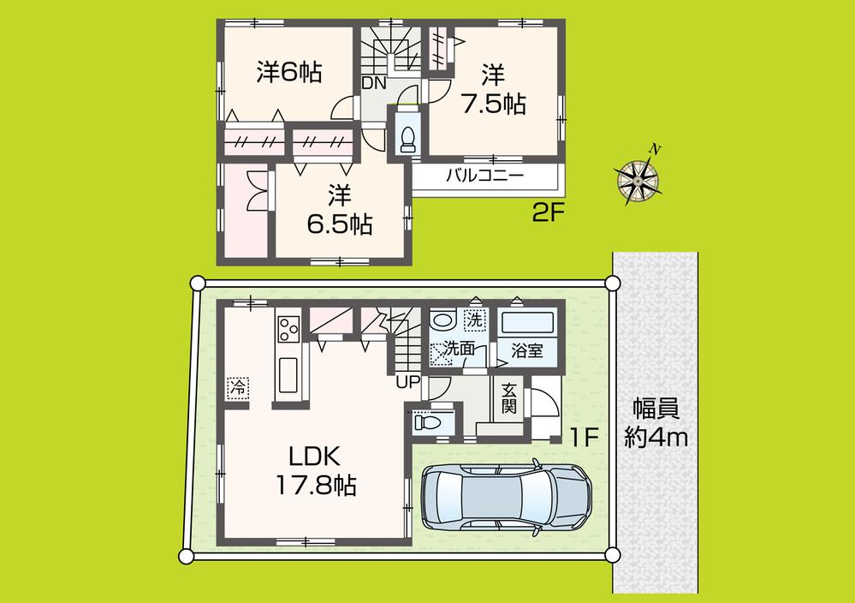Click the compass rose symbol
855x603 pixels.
638,177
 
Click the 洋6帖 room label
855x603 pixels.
288,74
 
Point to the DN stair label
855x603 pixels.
372,83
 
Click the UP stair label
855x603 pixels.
407,382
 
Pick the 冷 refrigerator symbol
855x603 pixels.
237,386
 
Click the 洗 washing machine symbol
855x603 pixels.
474,319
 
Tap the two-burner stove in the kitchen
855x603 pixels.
288,326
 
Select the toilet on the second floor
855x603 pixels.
407,136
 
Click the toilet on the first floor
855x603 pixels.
425,421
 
